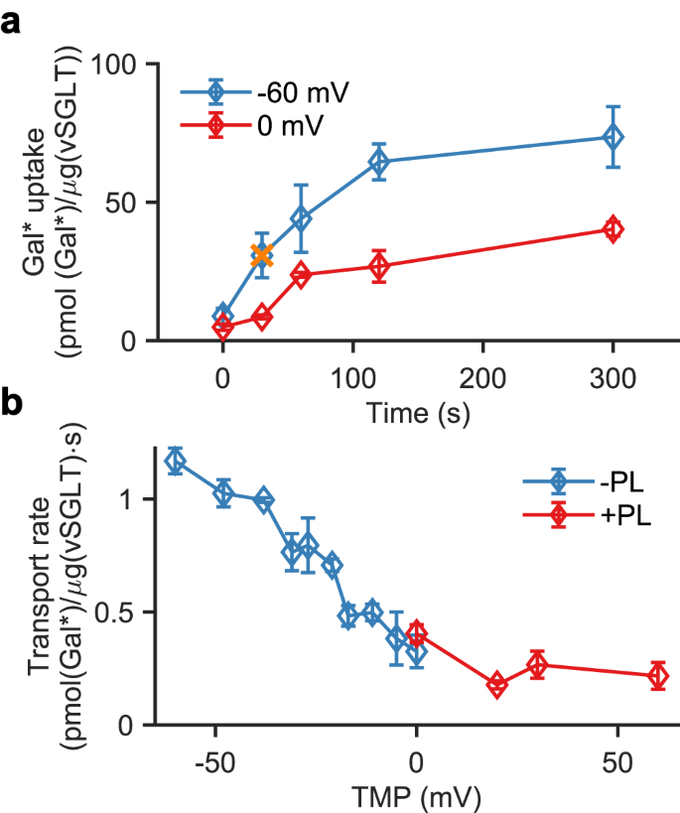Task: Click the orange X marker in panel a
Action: tap(261, 256)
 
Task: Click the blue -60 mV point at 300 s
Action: tap(612, 137)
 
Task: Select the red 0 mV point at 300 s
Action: tap(612, 229)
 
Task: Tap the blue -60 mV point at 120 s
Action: tap(378, 162)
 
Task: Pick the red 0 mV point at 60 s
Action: tap(301, 275)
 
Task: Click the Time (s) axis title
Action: tap(417, 409)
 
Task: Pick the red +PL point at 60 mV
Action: tap(657, 676)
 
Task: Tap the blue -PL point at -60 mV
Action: tap(175, 461)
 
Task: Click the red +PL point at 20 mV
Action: tap(496, 685)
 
